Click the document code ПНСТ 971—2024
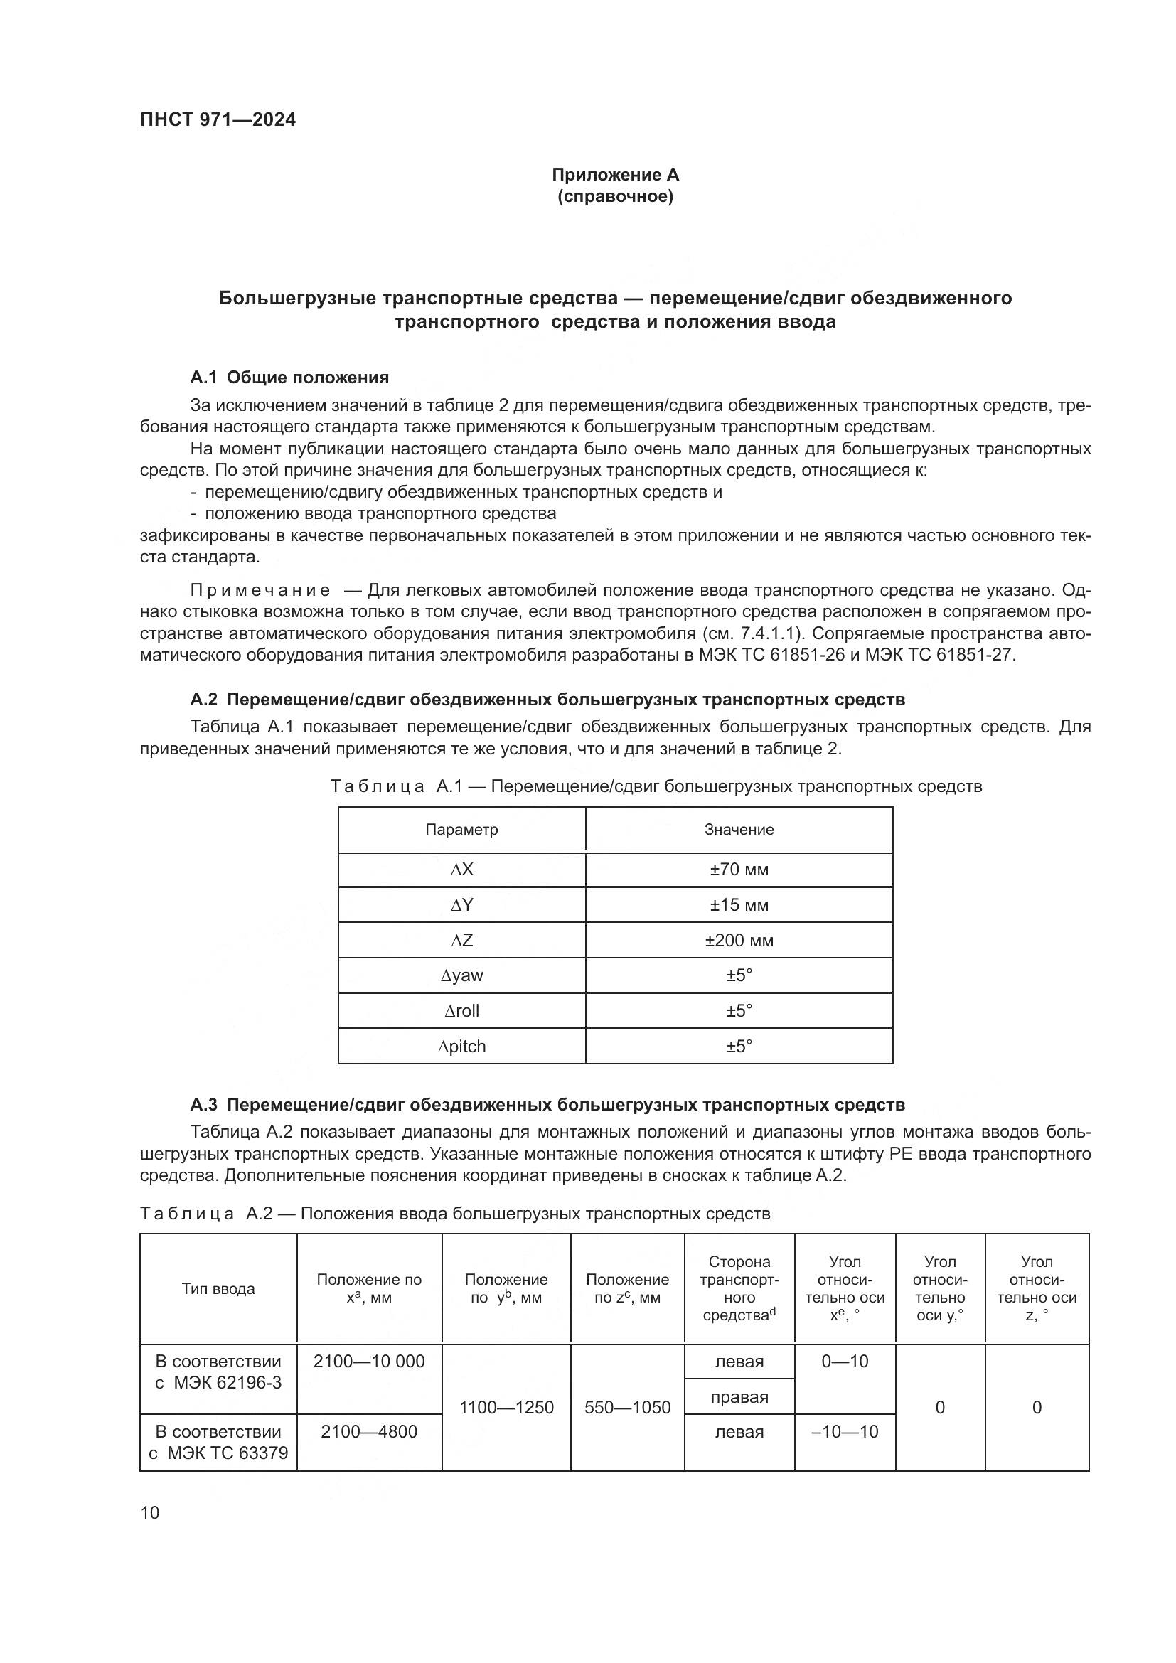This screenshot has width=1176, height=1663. [x=218, y=120]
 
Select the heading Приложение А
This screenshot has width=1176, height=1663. [x=615, y=175]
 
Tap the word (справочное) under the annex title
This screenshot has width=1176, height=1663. [x=615, y=196]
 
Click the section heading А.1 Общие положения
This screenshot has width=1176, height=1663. [x=289, y=378]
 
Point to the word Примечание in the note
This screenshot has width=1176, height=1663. [x=260, y=590]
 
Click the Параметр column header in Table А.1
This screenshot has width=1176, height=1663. [x=461, y=829]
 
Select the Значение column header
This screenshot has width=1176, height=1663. [x=739, y=829]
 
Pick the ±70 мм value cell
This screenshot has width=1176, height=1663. [x=739, y=869]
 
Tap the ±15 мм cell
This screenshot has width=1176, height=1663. [x=739, y=904]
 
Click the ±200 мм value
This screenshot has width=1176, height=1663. [x=739, y=940]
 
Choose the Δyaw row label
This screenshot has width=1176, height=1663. [x=461, y=975]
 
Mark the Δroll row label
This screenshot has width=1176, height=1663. [x=461, y=1010]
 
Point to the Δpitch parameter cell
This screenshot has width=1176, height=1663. [x=461, y=1046]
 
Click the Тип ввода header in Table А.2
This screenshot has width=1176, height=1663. [x=218, y=1288]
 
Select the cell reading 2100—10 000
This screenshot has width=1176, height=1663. [x=368, y=1361]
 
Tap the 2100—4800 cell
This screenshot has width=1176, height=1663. [x=368, y=1431]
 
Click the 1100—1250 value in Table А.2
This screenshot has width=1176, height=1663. [x=506, y=1407]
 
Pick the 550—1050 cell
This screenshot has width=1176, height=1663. [x=627, y=1407]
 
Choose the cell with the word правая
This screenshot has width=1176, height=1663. [x=739, y=1396]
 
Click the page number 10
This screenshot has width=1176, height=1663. [x=150, y=1512]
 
